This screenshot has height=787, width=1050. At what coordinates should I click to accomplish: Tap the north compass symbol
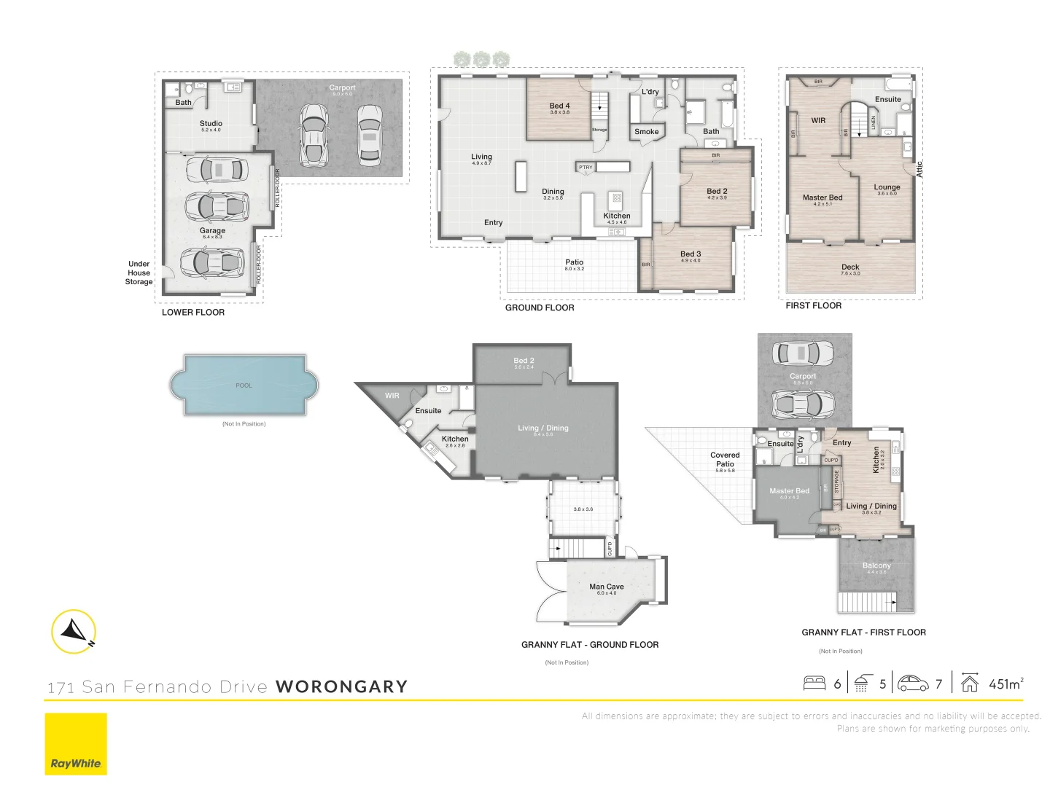(74, 631)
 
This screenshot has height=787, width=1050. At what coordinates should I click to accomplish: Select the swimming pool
(244, 385)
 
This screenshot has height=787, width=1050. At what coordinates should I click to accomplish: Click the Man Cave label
(606, 587)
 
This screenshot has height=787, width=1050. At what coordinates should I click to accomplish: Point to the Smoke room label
(646, 132)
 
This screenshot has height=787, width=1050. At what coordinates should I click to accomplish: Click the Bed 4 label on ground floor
(559, 106)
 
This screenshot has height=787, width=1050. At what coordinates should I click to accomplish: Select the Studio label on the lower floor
(211, 124)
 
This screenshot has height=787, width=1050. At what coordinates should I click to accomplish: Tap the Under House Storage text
(139, 273)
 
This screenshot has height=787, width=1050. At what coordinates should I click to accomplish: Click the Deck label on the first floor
(850, 267)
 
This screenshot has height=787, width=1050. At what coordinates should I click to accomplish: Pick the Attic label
(919, 169)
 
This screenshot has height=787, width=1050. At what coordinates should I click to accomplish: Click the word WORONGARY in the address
(341, 686)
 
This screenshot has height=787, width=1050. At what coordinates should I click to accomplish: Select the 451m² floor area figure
(1006, 684)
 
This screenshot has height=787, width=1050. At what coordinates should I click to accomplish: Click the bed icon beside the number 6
(814, 684)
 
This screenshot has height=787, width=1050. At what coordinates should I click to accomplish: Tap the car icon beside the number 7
(913, 684)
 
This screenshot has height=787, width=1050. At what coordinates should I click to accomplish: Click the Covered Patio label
(725, 459)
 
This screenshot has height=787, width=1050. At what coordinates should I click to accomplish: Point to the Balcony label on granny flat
(876, 565)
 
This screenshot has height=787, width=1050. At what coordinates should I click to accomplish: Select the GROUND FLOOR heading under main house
(540, 308)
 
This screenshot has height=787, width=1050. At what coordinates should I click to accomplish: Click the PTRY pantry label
(586, 168)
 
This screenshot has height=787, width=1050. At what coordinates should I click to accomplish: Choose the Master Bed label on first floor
(822, 197)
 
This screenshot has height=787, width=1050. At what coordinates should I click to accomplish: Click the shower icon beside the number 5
(862, 684)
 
